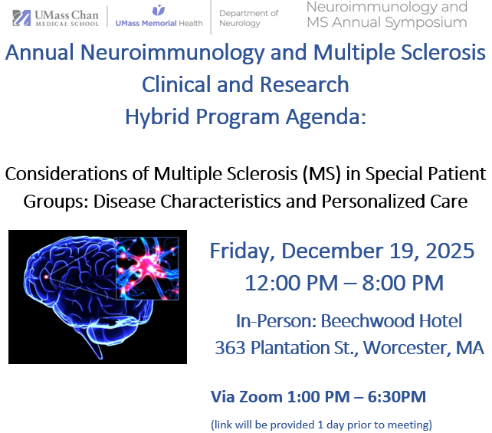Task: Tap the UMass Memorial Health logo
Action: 159,18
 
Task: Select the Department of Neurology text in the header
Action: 248,18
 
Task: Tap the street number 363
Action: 230,347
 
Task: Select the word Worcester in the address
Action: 405,347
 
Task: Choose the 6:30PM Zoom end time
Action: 395,397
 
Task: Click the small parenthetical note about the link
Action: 321,424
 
